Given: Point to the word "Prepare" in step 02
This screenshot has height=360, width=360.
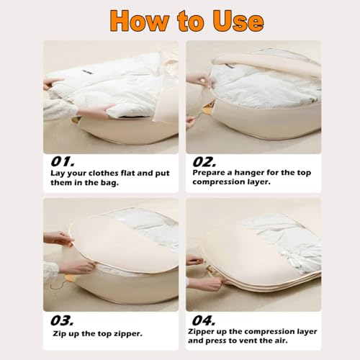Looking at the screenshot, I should click(x=210, y=174).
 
